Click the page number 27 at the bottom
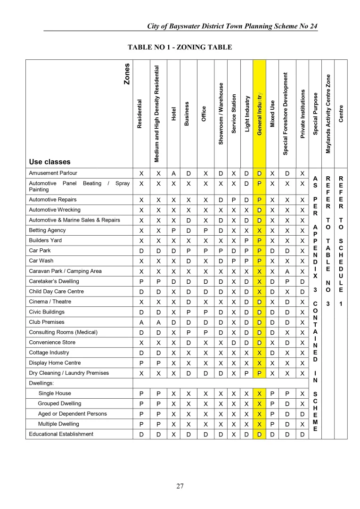coord(180,486)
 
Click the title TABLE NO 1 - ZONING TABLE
coord(180,47)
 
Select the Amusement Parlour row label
coord(53,173)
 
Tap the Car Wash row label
coord(41,261)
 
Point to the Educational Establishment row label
coord(61,434)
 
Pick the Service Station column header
coord(234,113)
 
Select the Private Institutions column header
coord(303,113)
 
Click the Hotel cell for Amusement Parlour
coord(173,173)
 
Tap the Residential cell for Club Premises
coord(141,322)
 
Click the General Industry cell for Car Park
coord(260,251)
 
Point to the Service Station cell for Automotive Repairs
coord(234,200)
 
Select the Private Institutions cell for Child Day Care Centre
coord(303,292)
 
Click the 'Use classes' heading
coord(49,162)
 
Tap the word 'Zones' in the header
coord(126,74)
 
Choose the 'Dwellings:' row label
coord(41,383)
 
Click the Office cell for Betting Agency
coord(204,230)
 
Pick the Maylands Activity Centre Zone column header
coord(328,113)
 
